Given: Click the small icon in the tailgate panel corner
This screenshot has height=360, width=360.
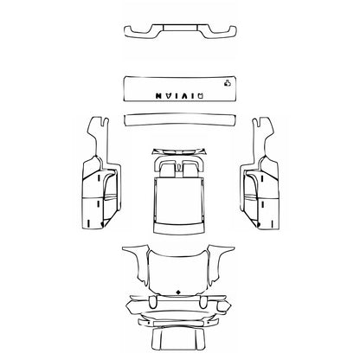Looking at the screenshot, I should coord(227,84).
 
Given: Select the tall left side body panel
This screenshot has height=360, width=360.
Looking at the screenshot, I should coord(102,186).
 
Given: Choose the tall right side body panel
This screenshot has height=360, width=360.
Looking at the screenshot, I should coord(258,186).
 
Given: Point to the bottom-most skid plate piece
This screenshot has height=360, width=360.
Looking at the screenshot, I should coord(180,337).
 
